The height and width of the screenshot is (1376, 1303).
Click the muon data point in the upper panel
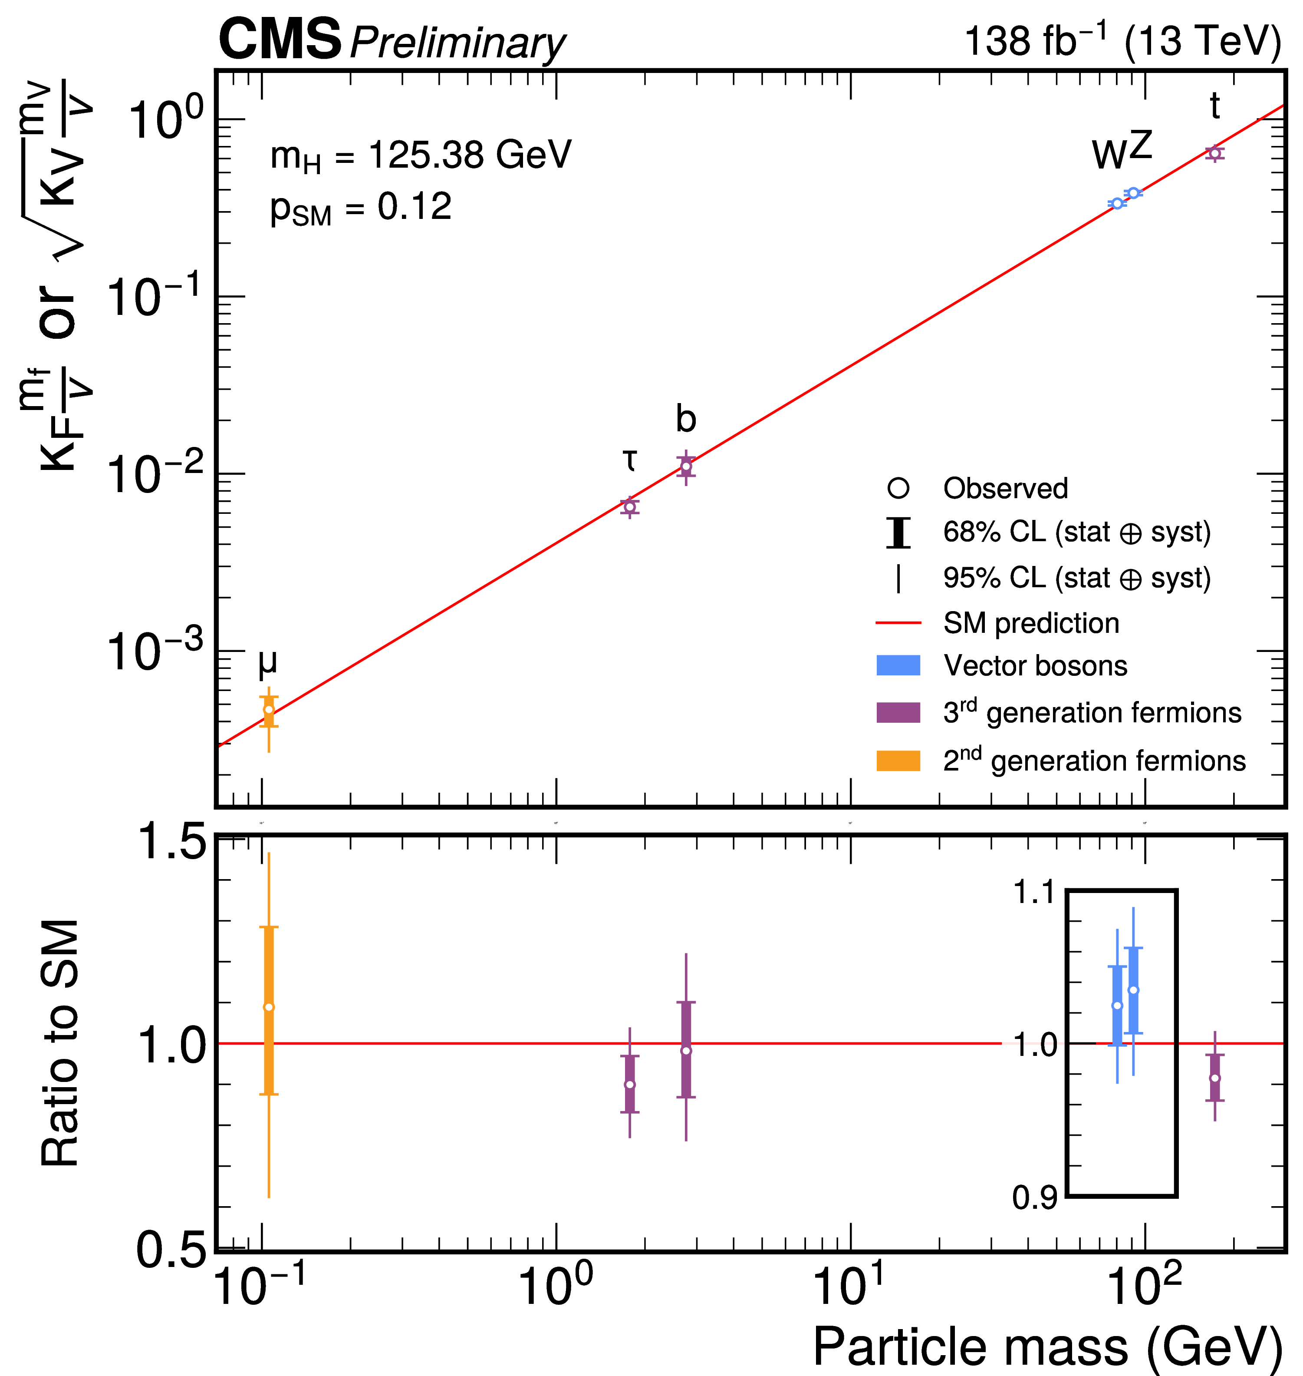[x=269, y=710]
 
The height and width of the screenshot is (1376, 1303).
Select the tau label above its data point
[x=629, y=460]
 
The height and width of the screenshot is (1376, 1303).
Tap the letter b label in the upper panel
[x=685, y=419]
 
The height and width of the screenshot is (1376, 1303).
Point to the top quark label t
[x=1214, y=106]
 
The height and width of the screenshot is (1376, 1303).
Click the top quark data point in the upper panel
[x=1214, y=153]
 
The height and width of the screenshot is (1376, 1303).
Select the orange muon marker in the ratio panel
[x=269, y=1007]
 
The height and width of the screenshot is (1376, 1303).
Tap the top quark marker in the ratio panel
[x=1214, y=1078]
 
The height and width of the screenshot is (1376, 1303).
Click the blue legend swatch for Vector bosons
[x=898, y=666]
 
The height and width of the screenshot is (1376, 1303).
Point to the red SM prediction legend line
[x=898, y=623]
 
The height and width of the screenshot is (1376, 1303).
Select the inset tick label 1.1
[x=1035, y=893]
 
